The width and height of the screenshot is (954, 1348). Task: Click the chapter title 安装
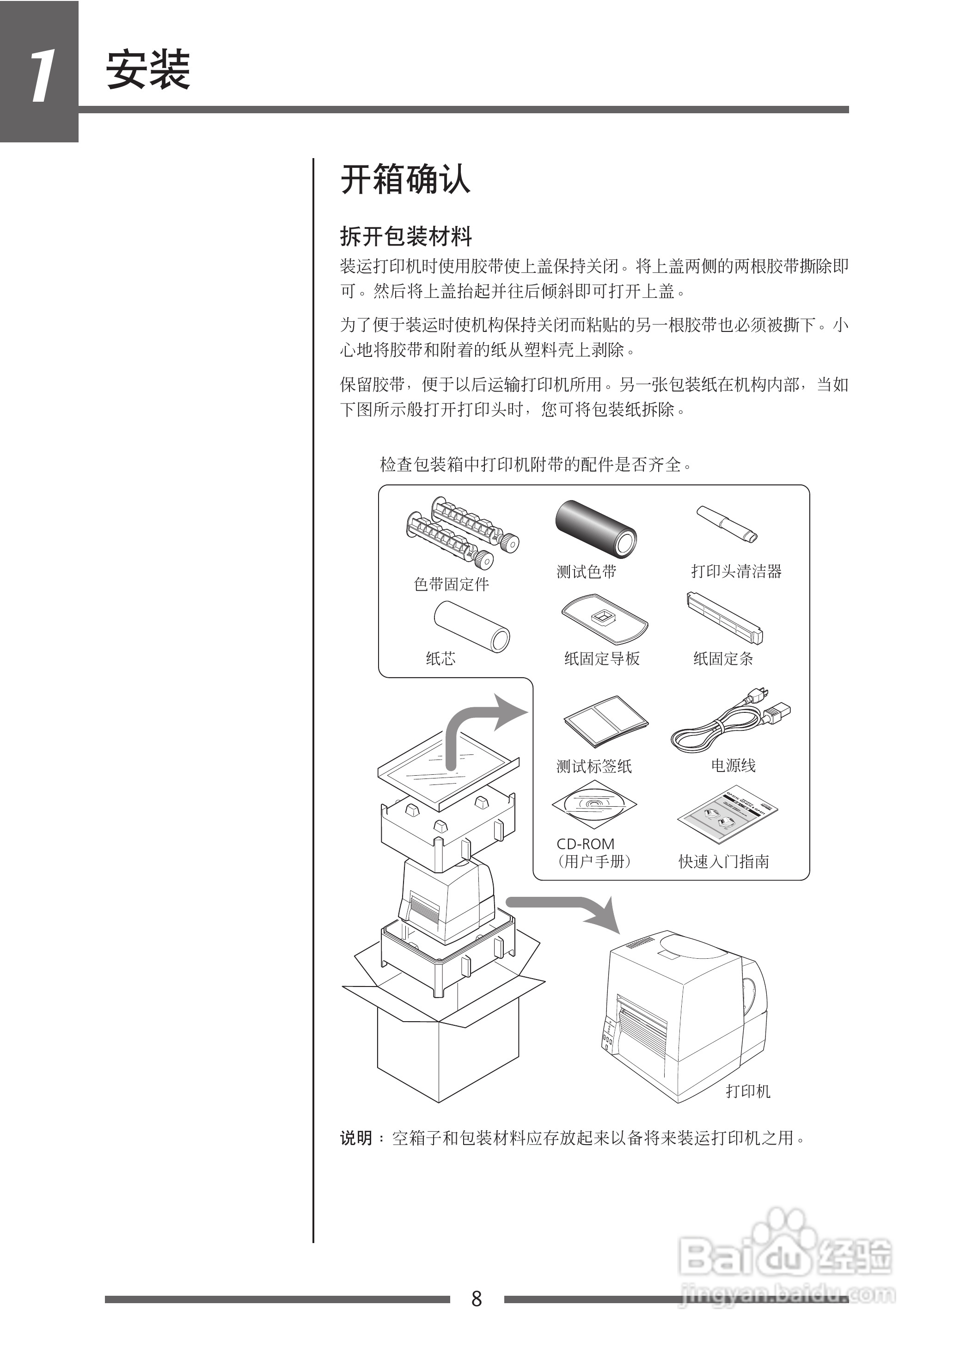148,70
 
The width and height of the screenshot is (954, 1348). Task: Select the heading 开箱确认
405,179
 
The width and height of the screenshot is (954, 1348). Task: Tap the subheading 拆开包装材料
406,237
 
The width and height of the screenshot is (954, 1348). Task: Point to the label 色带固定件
451,584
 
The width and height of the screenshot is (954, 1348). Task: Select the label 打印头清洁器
736,571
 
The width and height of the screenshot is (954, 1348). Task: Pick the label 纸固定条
723,658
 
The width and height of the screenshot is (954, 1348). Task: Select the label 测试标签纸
594,766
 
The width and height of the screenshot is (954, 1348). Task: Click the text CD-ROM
585,844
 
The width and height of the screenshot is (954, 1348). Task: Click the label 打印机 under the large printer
748,1091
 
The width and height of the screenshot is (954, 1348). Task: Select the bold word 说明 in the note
356,1138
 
